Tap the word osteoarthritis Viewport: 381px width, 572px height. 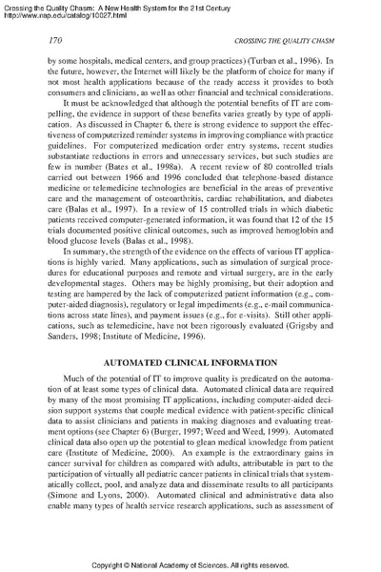click(160, 198)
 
